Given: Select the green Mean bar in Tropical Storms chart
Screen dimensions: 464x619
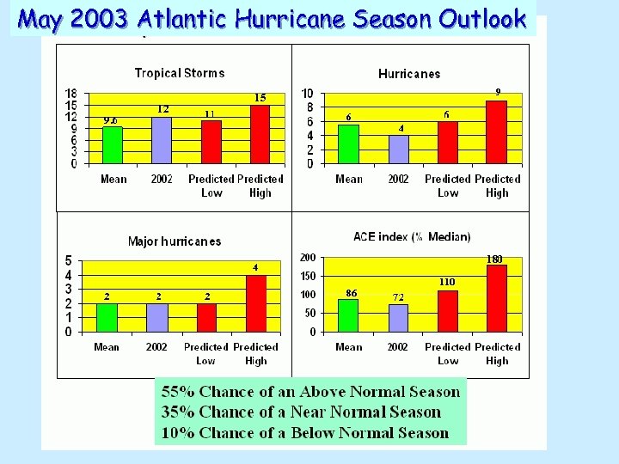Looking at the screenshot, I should coord(113,145).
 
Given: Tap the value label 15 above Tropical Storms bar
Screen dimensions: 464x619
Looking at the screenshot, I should coord(260,98).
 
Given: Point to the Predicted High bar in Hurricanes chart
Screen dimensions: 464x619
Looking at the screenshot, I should coord(497,132).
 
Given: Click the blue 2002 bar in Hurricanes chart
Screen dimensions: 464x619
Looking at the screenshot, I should coord(398,150).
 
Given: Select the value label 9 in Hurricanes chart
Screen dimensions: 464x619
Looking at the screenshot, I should coord(497,92).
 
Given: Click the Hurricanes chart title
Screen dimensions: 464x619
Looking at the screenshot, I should coord(409,74).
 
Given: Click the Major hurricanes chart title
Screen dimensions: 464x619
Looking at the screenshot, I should coord(175,241).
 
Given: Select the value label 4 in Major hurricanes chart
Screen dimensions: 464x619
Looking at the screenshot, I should coord(255,267).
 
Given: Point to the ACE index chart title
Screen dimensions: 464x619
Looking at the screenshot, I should coord(412,236).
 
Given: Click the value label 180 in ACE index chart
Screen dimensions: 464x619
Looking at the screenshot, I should coord(495,259).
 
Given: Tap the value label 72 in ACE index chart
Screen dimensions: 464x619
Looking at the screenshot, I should coord(398,297).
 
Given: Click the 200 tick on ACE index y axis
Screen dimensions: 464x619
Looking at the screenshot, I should coord(308,258).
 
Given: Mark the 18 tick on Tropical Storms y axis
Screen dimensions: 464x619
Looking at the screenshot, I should coord(72,93).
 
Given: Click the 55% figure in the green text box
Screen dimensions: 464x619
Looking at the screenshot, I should coord(178,392).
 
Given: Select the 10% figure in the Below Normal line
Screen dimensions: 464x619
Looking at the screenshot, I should coord(178,433).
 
